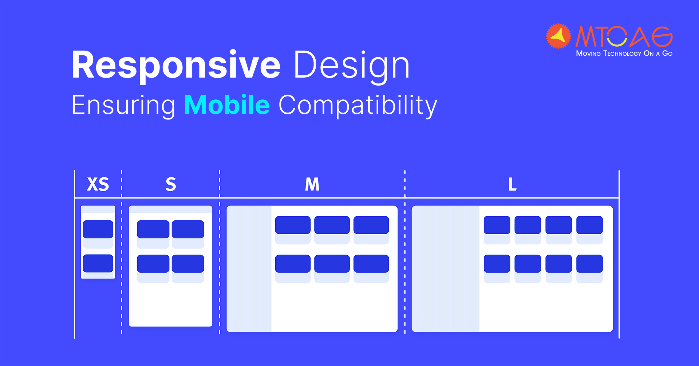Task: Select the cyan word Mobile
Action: pos(227,105)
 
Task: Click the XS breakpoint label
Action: pos(98,184)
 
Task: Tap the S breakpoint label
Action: pos(171,184)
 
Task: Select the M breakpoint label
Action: pos(312,184)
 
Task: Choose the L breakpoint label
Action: pos(512,184)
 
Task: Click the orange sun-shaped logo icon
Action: pos(558,36)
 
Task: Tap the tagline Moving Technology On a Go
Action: pos(624,54)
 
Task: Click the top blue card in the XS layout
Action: pos(98,229)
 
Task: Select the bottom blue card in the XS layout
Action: pos(98,263)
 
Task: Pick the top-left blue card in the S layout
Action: pos(153,229)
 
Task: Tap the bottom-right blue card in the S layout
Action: pos(188,264)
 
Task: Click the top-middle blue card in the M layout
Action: pos(332,225)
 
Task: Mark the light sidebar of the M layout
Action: pos(249,269)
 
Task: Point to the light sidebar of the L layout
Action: pos(446,269)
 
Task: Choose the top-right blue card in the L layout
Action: pos(590,225)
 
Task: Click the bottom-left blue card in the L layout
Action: pos(497,264)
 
